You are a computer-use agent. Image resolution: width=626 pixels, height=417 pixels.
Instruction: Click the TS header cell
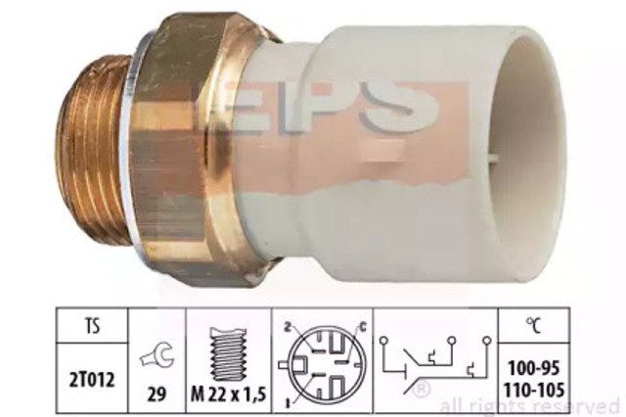pyautogui.click(x=92, y=326)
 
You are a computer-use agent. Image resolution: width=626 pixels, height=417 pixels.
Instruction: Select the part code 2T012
pyautogui.click(x=92, y=380)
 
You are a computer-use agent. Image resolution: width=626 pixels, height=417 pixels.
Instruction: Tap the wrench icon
pyautogui.click(x=157, y=355)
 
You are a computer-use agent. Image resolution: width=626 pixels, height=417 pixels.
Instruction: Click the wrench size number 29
pyautogui.click(x=156, y=394)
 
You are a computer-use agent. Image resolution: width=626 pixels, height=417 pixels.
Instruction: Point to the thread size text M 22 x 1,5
pyautogui.click(x=228, y=394)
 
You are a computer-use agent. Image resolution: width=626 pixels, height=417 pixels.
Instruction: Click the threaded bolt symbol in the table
pyautogui.click(x=228, y=354)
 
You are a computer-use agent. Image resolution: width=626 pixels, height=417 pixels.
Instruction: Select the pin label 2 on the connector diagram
pyautogui.click(x=287, y=328)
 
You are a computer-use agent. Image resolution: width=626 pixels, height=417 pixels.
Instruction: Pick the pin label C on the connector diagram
pyautogui.click(x=362, y=327)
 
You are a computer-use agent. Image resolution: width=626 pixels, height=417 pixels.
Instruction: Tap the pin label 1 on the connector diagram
pyautogui.click(x=288, y=402)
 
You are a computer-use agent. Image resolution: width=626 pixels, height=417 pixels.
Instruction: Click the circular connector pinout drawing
pyautogui.click(x=322, y=365)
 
